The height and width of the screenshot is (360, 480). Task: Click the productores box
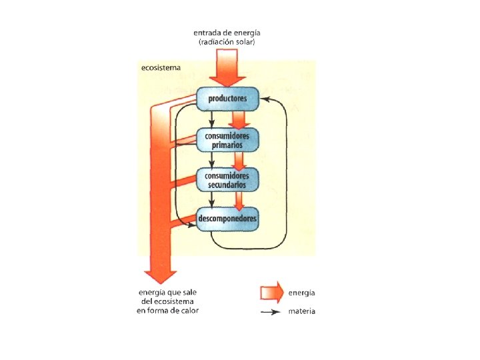[x=227, y=99]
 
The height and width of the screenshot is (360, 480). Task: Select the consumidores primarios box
[x=227, y=139]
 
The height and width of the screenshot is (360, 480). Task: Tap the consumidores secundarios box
[x=227, y=179]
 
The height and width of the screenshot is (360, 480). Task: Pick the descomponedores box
[x=227, y=218]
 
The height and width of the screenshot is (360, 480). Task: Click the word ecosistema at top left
[x=160, y=68]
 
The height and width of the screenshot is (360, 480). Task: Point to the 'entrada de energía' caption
[x=227, y=32]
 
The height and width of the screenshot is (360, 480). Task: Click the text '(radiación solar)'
[x=227, y=42]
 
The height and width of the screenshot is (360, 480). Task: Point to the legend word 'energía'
[x=302, y=293]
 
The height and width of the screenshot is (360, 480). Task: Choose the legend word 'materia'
[x=302, y=311]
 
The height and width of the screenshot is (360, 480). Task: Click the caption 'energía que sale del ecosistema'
[x=167, y=297]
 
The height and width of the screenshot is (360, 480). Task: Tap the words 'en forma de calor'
[x=167, y=311]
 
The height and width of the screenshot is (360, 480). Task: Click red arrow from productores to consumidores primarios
[x=238, y=119]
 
